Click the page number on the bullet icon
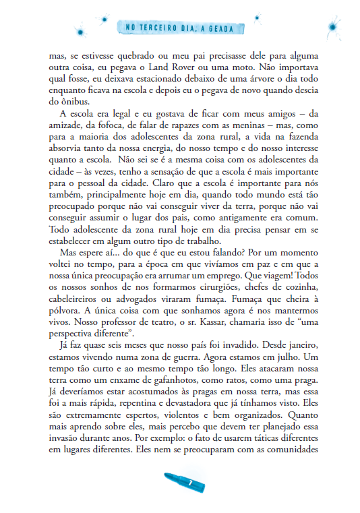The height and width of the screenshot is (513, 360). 191,483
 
